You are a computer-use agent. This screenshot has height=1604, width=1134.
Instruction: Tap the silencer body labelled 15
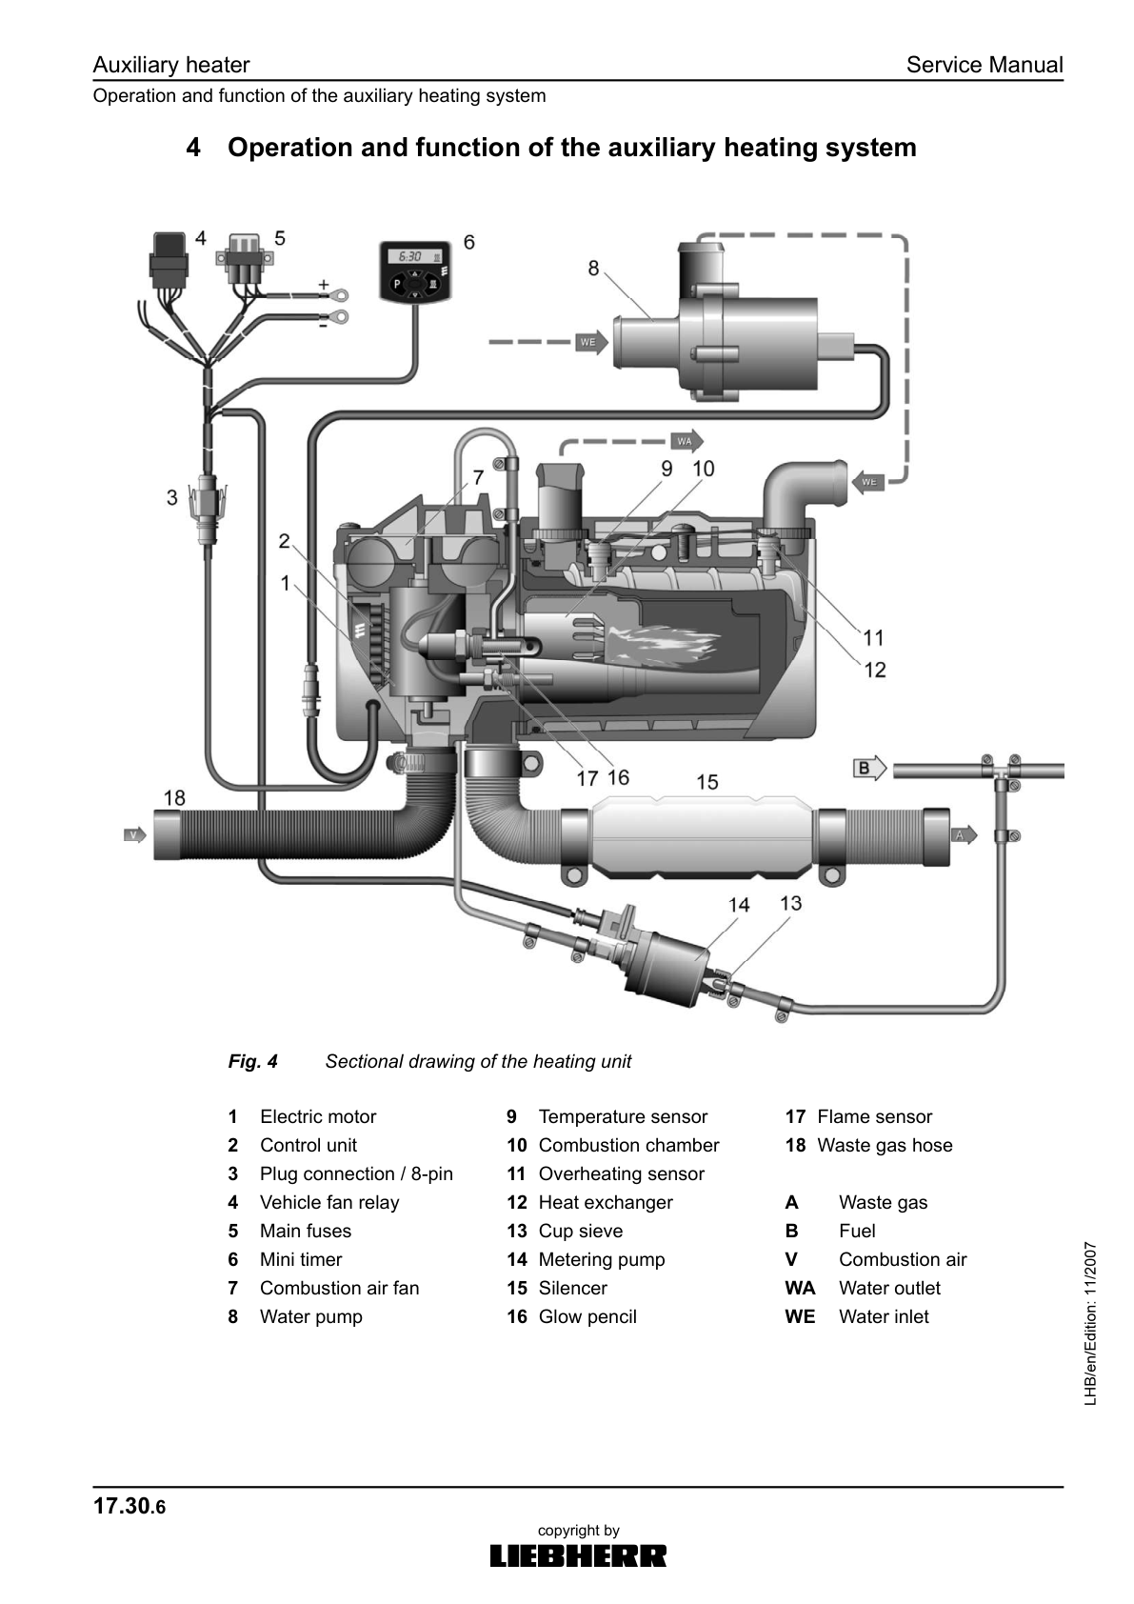[x=702, y=835]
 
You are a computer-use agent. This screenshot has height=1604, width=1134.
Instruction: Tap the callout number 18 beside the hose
[x=174, y=796]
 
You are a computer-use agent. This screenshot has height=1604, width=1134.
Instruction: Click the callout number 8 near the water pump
[x=593, y=268]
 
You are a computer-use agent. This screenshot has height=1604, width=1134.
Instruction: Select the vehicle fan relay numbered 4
[x=169, y=256]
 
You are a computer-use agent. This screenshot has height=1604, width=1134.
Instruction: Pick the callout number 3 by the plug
[x=171, y=496]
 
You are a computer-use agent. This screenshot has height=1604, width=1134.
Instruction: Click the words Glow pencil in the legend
[x=587, y=1316]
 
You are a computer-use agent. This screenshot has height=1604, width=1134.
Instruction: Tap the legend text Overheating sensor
[x=621, y=1173]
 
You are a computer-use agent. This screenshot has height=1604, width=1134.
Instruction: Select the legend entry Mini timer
[x=301, y=1259]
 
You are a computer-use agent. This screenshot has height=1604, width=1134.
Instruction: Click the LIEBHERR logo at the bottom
[x=578, y=1555]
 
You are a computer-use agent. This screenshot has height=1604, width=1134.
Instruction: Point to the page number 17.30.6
[x=129, y=1506]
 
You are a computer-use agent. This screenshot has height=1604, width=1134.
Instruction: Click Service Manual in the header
[x=984, y=65]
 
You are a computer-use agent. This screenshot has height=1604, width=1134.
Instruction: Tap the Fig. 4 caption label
[x=252, y=1061]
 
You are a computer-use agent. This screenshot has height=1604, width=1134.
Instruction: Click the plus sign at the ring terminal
[x=323, y=284]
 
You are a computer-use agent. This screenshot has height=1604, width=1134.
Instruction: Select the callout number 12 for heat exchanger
[x=875, y=670]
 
